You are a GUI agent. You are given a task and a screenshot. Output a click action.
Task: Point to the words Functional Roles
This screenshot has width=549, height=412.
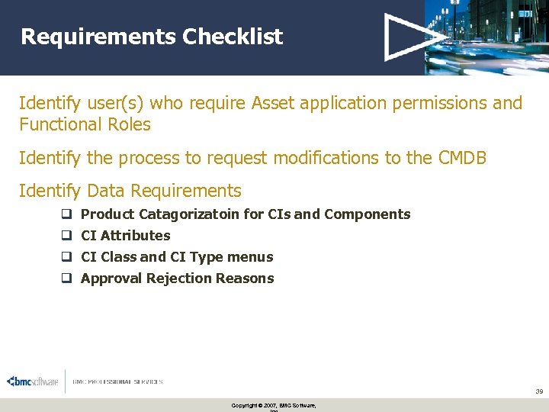(85, 124)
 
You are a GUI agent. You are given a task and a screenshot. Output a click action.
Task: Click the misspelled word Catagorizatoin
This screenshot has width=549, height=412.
(189, 214)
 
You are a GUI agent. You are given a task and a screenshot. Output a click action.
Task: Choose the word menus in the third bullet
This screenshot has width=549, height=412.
(252, 257)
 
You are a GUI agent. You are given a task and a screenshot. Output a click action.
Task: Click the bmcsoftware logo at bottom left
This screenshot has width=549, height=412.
(32, 381)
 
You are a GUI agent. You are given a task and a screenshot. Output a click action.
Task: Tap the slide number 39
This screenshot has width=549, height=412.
(538, 391)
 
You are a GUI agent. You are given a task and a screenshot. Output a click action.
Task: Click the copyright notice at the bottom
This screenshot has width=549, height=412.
(274, 406)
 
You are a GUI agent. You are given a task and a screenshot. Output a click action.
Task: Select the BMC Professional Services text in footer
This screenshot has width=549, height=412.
(117, 381)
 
